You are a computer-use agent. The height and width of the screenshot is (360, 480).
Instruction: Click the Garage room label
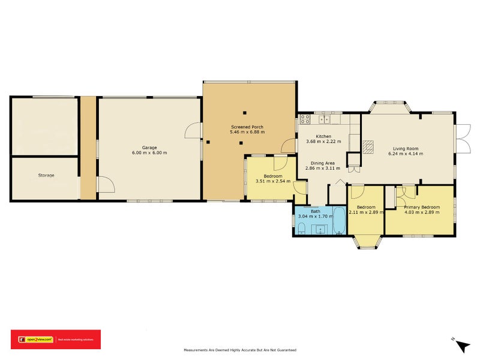[x=149, y=147]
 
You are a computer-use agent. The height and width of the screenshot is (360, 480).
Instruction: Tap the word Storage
[x=46, y=175]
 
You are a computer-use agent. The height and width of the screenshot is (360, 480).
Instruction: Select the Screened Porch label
[x=247, y=127]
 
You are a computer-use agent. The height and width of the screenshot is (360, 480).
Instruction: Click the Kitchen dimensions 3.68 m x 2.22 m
[x=323, y=142]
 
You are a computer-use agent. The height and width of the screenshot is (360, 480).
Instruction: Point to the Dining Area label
[x=323, y=163]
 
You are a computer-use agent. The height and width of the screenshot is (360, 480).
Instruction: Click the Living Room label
[x=406, y=148]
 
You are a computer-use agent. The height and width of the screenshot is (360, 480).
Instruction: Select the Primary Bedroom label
[x=422, y=207]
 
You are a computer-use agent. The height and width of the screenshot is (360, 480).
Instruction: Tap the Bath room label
[x=315, y=211]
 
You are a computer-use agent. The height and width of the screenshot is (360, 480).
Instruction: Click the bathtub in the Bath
[x=339, y=220]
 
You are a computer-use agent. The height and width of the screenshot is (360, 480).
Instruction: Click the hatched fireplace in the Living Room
[x=368, y=145]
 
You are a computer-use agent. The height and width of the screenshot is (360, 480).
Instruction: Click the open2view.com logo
[x=36, y=340]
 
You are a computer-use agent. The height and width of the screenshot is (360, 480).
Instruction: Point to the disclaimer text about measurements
[x=239, y=350]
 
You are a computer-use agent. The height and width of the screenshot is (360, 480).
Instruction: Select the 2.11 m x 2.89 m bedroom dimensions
[x=366, y=212]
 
